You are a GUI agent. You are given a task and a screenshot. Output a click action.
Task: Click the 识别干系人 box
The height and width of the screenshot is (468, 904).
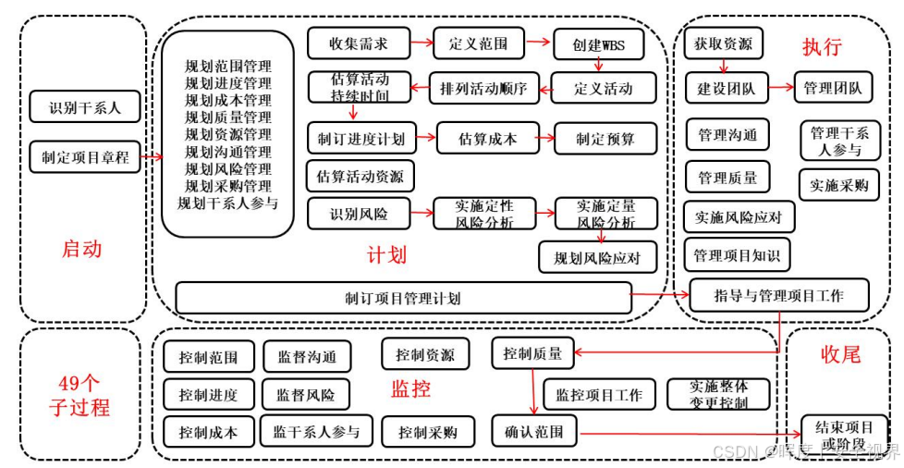(x=85, y=107)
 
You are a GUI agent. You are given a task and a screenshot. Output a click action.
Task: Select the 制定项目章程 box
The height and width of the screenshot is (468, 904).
(x=85, y=158)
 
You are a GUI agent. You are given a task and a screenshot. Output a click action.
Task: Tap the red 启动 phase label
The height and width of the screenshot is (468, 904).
(x=81, y=249)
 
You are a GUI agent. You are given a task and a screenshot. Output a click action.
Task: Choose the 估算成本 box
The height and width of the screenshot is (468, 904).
(x=487, y=140)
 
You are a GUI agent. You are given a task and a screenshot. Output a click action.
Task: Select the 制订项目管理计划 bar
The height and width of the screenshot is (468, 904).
(x=402, y=298)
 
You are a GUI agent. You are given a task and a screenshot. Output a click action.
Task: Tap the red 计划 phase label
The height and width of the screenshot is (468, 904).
(x=386, y=254)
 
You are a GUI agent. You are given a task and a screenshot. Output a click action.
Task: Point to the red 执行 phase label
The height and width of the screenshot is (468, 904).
(x=822, y=46)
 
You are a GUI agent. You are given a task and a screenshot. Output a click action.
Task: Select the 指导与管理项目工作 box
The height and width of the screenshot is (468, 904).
(x=778, y=296)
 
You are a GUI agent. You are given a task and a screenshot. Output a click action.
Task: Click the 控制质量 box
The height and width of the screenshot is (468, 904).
(x=531, y=352)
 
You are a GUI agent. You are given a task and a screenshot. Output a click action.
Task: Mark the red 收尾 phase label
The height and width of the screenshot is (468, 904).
(x=840, y=354)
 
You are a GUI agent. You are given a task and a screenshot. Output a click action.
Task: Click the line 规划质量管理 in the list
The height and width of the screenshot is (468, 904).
(x=228, y=117)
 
